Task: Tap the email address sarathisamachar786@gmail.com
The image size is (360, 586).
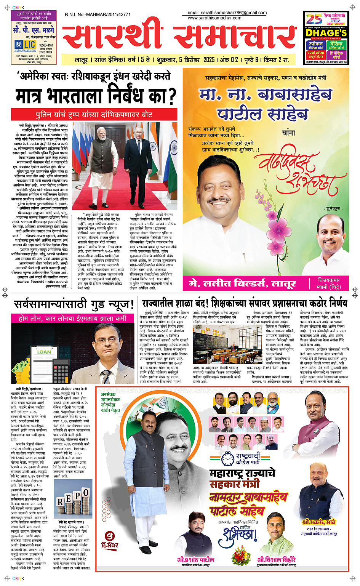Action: tap(227, 13)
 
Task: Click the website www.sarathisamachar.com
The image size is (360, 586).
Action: tap(214, 18)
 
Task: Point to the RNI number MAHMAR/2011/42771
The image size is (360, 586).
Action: tap(98, 14)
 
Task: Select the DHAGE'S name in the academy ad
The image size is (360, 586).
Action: tap(326, 33)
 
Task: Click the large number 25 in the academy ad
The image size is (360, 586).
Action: tap(314, 19)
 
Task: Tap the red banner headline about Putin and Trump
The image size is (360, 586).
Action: tap(94, 114)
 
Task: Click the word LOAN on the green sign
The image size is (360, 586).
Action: tap(44, 352)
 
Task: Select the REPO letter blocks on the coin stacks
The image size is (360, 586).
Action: tap(73, 498)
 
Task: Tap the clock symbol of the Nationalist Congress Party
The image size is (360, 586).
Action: tap(227, 459)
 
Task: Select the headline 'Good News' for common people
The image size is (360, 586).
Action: tap(74, 304)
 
